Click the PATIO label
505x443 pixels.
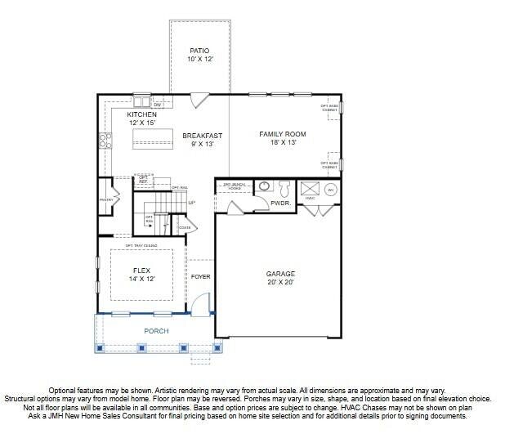click(x=199, y=51)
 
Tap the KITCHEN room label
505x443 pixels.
click(x=141, y=115)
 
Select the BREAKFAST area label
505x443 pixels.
click(x=202, y=136)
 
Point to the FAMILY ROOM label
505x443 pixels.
click(x=282, y=133)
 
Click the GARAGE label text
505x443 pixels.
click(x=280, y=274)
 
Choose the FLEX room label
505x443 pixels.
click(x=142, y=270)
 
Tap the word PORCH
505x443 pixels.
click(x=156, y=331)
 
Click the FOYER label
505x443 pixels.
click(x=201, y=277)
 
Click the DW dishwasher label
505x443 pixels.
click(x=158, y=105)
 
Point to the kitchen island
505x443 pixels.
click(x=154, y=137)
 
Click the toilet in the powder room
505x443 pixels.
click(x=284, y=189)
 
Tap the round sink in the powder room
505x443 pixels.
click(x=264, y=187)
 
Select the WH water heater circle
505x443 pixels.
click(x=331, y=190)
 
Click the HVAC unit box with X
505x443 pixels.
click(x=310, y=189)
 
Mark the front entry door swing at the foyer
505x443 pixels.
click(x=199, y=305)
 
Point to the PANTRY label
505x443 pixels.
click(x=105, y=199)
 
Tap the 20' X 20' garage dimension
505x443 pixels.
click(x=280, y=282)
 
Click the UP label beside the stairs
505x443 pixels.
click(x=191, y=203)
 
